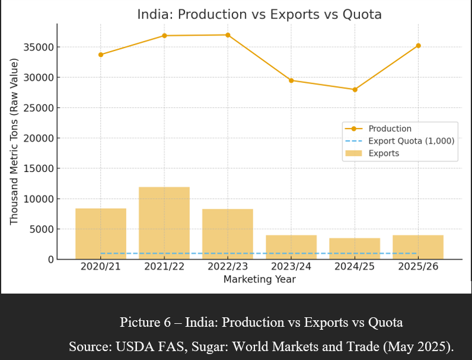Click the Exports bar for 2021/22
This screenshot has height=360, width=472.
click(164, 223)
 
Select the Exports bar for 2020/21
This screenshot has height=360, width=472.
click(101, 234)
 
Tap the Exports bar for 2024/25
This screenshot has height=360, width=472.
click(355, 249)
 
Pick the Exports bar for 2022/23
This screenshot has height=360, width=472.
click(228, 234)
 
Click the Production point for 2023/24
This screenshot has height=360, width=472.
click(291, 80)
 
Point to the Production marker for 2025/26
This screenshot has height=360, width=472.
click(418, 46)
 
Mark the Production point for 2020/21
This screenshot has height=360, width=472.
click(101, 55)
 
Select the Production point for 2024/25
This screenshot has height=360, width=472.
click(355, 90)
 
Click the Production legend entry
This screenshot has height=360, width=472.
click(390, 129)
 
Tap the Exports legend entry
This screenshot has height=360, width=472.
click(384, 153)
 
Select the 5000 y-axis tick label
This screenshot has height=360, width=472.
click(43, 230)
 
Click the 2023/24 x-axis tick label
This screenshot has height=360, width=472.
click(291, 267)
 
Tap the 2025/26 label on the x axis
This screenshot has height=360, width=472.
click(418, 267)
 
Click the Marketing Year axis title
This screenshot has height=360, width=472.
click(259, 279)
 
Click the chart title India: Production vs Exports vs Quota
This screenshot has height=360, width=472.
click(259, 14)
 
